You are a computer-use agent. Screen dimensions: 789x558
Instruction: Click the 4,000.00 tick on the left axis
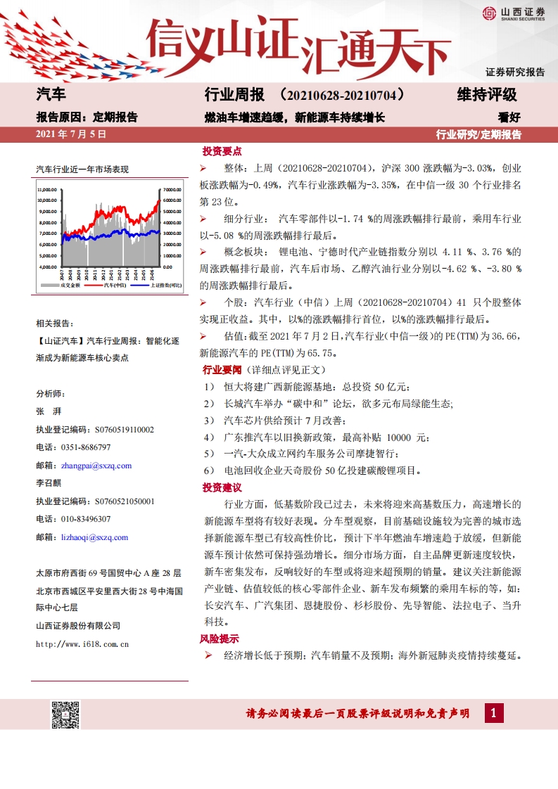pos(48,267)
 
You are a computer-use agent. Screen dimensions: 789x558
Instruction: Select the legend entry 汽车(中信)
pos(115,285)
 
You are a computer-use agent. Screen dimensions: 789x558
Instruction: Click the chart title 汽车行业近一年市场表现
pos(82,169)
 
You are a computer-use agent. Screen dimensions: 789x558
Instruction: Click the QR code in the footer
pos(65,714)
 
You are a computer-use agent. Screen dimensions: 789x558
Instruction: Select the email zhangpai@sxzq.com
pos(96,466)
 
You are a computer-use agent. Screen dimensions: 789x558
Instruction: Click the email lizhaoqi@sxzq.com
pos(94,537)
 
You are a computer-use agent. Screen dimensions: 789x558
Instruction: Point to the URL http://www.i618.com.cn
pos(82,643)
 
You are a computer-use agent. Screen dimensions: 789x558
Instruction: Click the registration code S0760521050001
pos(115,501)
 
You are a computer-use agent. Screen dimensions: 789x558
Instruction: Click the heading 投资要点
pos(222,151)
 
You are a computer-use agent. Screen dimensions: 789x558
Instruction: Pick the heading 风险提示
pos(220,639)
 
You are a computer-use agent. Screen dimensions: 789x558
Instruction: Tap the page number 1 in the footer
pos(494,713)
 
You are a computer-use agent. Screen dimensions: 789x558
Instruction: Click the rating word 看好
pos(509,117)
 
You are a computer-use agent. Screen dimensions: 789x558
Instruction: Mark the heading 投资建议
pos(222,487)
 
